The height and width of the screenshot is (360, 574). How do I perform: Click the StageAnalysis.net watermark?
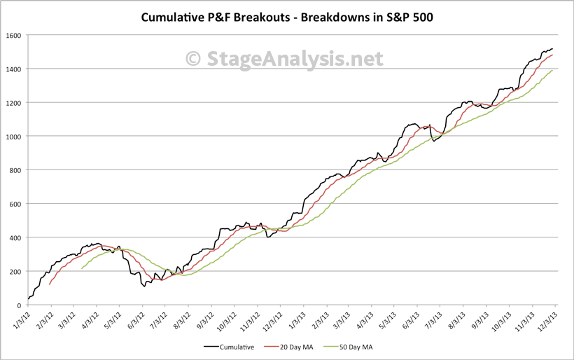288,58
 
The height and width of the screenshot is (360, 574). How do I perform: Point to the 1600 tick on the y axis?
15,35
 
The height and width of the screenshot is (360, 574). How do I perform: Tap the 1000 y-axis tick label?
15,137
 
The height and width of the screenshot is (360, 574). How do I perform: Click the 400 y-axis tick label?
17,237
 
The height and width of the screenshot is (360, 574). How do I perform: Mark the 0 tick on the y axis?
20,305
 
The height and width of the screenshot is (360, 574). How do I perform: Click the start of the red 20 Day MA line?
50,284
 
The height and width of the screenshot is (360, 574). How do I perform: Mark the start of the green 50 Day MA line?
82,268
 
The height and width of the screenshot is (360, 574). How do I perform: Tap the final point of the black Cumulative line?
553,49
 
